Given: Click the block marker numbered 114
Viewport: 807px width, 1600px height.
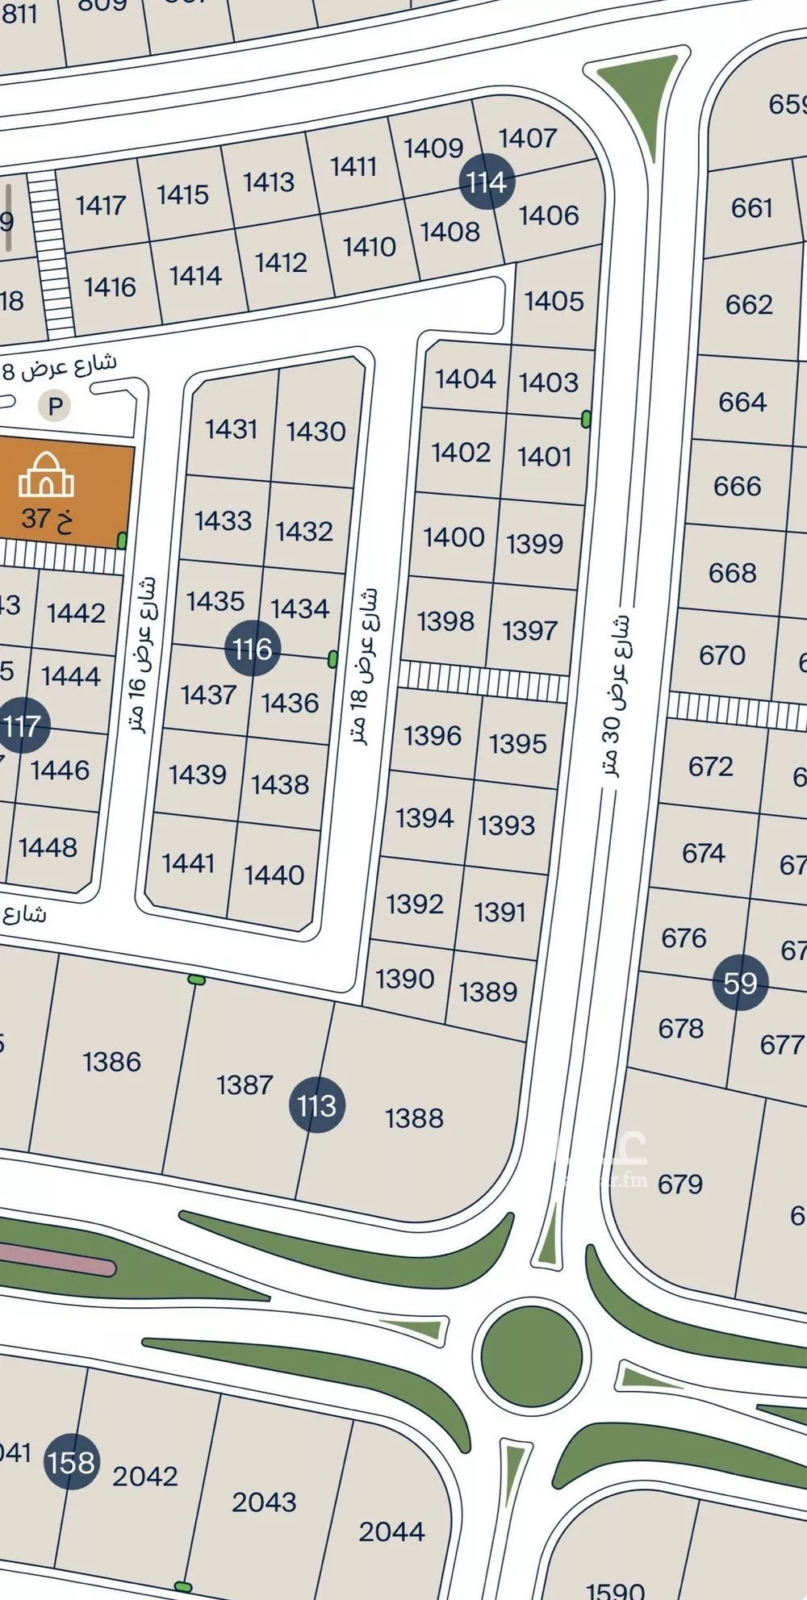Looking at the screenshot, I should pyautogui.click(x=487, y=182).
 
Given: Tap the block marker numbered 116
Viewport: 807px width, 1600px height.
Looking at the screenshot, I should pyautogui.click(x=253, y=648).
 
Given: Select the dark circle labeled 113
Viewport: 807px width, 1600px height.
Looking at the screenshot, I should pyautogui.click(x=317, y=1105).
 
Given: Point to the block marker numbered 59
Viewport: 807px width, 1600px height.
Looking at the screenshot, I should pyautogui.click(x=740, y=983).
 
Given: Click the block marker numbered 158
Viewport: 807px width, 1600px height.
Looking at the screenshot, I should pyautogui.click(x=72, y=1462).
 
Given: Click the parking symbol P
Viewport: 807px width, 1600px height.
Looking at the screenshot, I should pyautogui.click(x=56, y=406).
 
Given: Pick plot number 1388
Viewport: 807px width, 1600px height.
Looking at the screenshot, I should pyautogui.click(x=414, y=1117).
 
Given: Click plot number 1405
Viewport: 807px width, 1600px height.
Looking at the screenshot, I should pyautogui.click(x=554, y=301).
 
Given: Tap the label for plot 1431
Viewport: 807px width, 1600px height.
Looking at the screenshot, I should pyautogui.click(x=231, y=428).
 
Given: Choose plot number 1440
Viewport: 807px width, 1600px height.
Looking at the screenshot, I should pyautogui.click(x=274, y=875).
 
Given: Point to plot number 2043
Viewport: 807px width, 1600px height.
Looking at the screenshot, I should pyautogui.click(x=264, y=1502).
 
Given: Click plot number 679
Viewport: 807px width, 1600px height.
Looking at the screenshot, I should pyautogui.click(x=679, y=1184).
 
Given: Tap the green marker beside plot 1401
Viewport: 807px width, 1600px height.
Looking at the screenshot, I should pyautogui.click(x=586, y=419).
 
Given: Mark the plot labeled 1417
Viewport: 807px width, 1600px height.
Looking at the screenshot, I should pyautogui.click(x=101, y=205).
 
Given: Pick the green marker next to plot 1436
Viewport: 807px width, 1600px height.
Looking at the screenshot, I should pyautogui.click(x=332, y=659).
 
